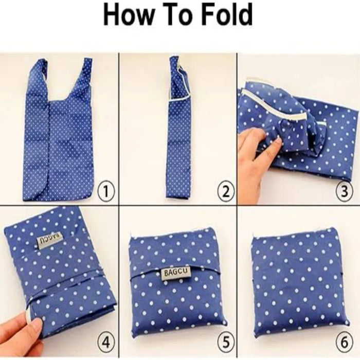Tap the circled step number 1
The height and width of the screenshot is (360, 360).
(x=106, y=191)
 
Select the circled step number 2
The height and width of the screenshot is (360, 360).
(x=226, y=191)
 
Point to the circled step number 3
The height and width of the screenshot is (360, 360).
(x=345, y=191)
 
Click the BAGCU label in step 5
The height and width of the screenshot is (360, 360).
(x=177, y=273)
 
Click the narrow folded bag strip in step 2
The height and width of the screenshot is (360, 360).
(x=179, y=129)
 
